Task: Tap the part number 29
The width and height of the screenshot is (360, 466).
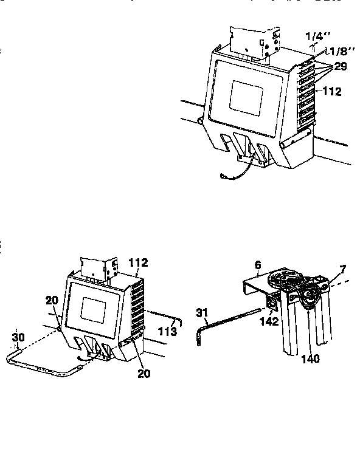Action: click(340, 66)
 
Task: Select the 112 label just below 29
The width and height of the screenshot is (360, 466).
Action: click(332, 92)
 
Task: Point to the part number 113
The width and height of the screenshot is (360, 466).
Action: click(167, 332)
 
